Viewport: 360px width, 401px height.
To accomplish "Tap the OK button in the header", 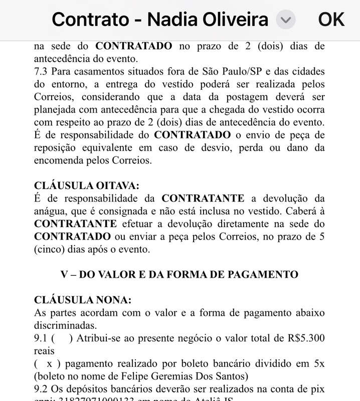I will [x=331, y=20].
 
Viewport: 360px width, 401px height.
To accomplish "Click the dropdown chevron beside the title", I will [x=285, y=20].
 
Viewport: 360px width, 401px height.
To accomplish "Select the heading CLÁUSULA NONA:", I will [x=82, y=300].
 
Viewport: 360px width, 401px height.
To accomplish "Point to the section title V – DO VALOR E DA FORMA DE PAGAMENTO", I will [x=179, y=274].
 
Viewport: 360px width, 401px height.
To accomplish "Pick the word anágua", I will [x=52, y=211].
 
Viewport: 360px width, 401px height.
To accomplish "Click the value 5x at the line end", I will [x=318, y=363].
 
